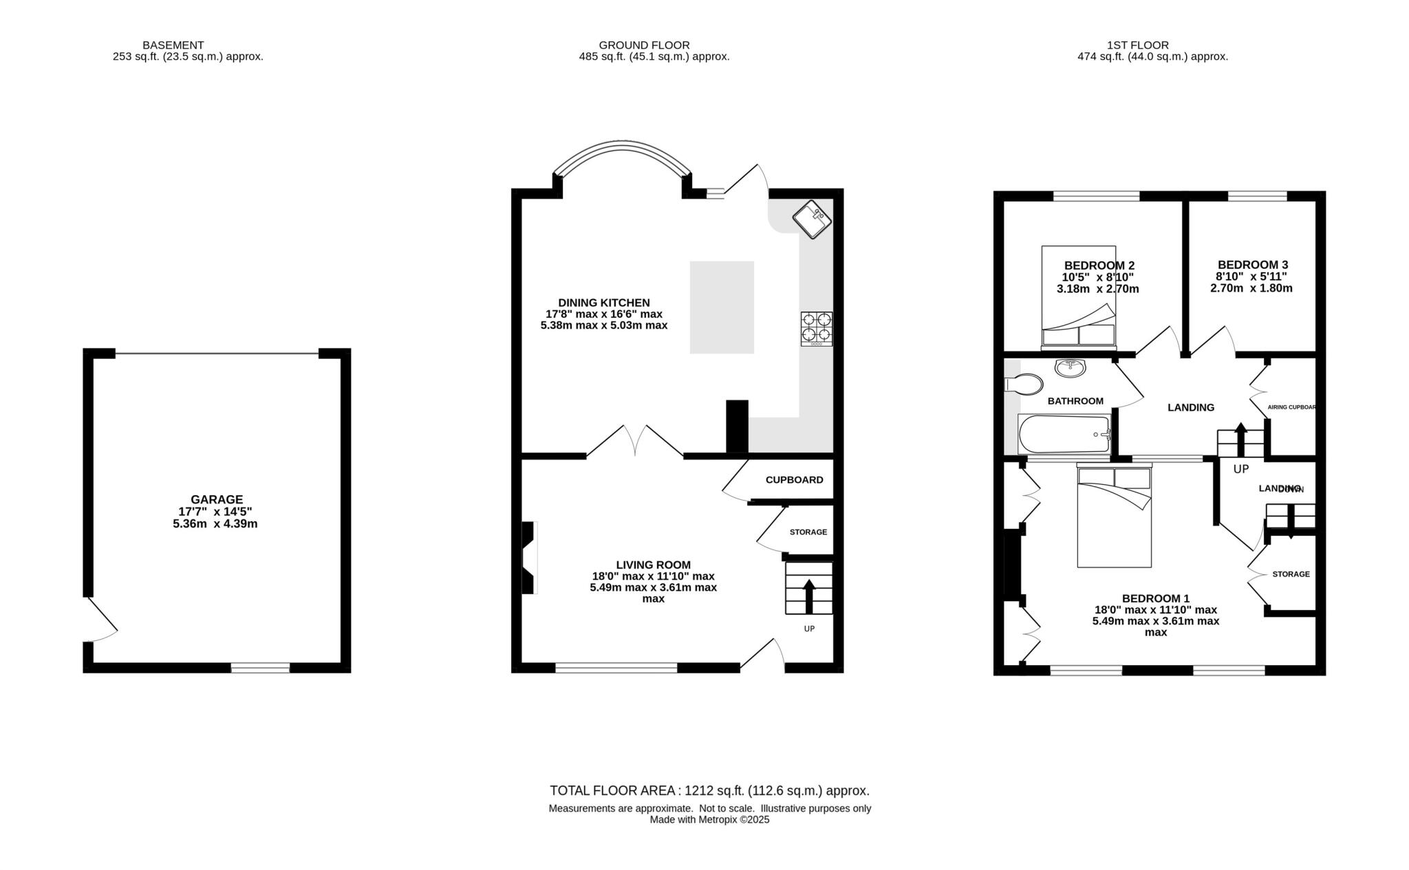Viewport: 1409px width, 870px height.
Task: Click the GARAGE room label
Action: pos(217,499)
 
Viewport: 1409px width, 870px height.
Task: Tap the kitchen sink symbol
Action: pos(813,219)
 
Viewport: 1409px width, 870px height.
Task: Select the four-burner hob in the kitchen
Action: pos(816,328)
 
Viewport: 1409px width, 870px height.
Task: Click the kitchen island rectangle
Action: pos(722,307)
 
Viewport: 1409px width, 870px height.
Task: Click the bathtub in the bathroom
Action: pos(1064,434)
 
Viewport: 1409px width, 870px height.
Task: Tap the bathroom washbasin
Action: pos(1070,368)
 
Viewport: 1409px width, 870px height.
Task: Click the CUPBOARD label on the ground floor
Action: pos(794,480)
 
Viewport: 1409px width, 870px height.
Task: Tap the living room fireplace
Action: pos(528,557)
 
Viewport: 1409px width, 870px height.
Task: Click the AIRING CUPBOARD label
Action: pos(1291,407)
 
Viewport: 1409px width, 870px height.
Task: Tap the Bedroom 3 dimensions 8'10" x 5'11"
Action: pos(1251,276)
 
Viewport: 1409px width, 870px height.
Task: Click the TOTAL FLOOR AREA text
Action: pos(709,791)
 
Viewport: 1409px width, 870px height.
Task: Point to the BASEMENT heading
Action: pos(173,45)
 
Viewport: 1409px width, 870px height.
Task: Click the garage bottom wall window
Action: pos(260,667)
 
